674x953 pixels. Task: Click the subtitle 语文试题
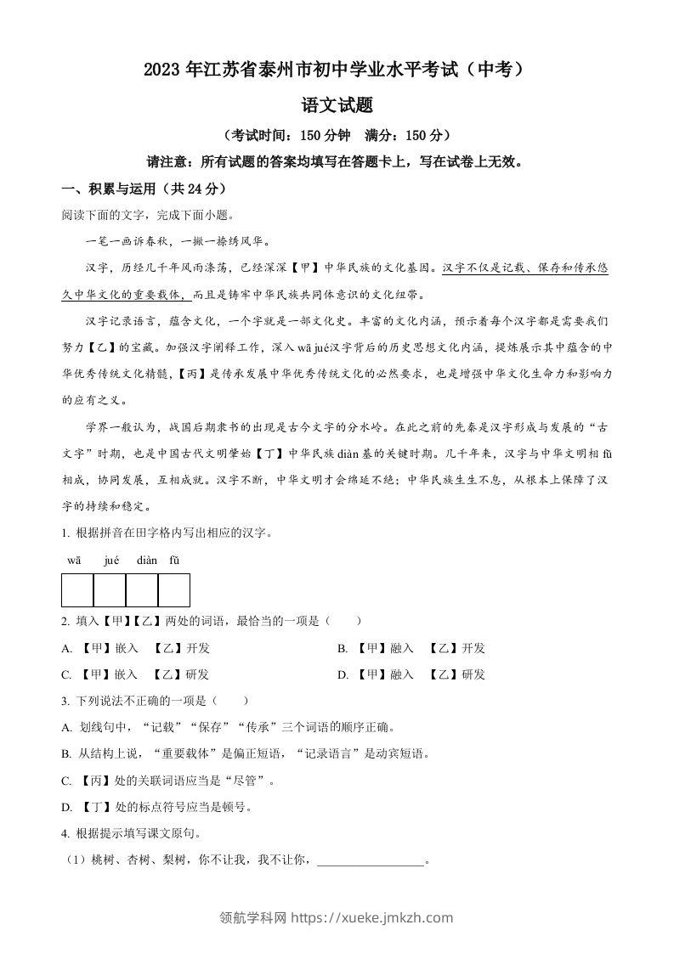(x=337, y=106)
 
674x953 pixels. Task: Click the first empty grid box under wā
(x=77, y=589)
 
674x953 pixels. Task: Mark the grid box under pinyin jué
(x=110, y=589)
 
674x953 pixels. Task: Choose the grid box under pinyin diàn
(x=142, y=589)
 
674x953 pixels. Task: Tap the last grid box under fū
(x=174, y=589)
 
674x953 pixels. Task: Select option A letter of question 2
(x=66, y=649)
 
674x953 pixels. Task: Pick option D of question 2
(x=343, y=675)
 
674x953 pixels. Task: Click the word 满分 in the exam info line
(x=379, y=135)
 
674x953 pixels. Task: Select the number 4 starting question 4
(x=65, y=833)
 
